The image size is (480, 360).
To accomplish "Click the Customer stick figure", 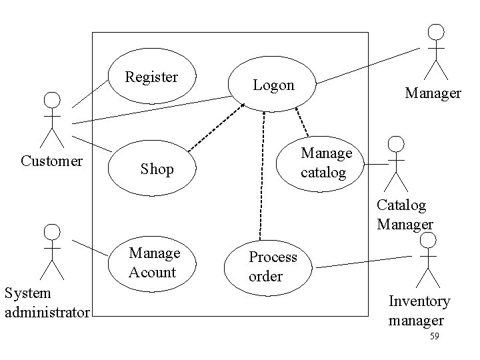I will [52, 120].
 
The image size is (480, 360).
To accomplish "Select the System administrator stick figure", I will [52, 251].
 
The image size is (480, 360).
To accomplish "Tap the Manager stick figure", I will [436, 52].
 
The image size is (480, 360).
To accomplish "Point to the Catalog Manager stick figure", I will [397, 163].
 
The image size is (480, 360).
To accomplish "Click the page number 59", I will [434, 337].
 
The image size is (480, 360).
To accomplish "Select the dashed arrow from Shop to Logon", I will [213, 127].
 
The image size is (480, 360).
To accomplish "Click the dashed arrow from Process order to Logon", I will [262, 173].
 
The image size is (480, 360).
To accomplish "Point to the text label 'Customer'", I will [52, 161].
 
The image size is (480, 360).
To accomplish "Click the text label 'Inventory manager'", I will [419, 310].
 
